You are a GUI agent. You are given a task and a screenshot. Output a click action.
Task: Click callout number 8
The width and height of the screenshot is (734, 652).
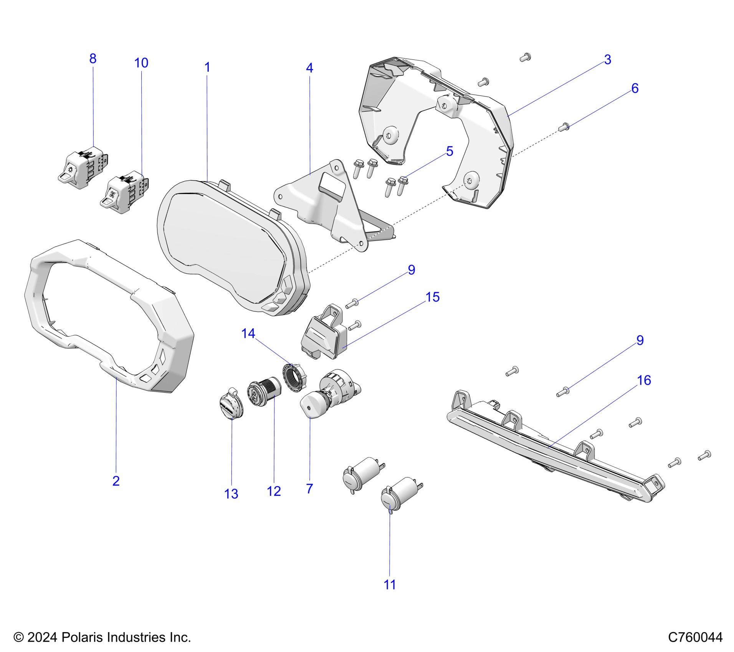click(x=93, y=59)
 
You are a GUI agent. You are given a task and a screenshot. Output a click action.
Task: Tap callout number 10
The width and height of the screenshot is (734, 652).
click(x=141, y=63)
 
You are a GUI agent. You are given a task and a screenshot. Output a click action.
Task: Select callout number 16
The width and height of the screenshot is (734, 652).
click(x=644, y=380)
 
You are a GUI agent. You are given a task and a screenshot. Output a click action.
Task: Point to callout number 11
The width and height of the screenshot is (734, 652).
click(x=389, y=584)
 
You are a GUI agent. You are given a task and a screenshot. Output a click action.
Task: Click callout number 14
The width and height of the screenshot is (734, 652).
click(x=248, y=333)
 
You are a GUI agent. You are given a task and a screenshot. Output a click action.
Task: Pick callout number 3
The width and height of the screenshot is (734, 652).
click(x=607, y=60)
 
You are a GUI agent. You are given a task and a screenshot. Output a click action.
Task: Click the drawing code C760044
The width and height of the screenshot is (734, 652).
click(x=695, y=637)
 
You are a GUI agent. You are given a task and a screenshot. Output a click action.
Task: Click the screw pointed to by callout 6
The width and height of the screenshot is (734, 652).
click(x=565, y=126)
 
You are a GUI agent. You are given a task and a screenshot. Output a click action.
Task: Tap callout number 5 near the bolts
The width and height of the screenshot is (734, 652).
click(x=449, y=151)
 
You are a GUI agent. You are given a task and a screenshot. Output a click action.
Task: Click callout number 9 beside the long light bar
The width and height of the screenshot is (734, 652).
click(x=640, y=340)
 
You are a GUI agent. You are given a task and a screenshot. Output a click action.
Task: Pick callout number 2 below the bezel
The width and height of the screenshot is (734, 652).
click(x=116, y=481)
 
